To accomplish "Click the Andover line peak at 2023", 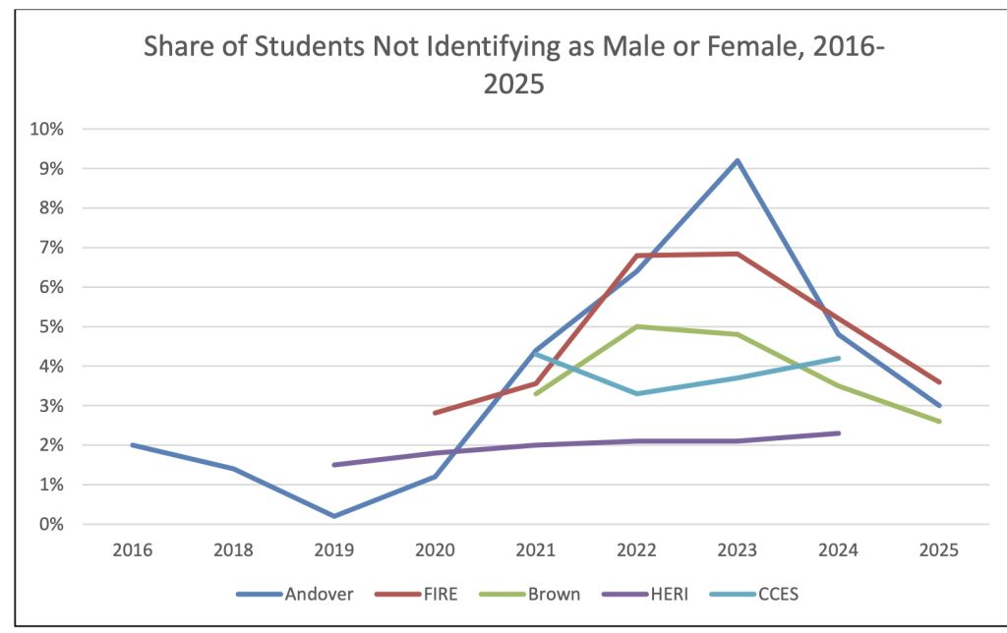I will click(737, 160).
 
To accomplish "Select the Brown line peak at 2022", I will click(636, 326).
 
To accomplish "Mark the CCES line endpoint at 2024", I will click(838, 358).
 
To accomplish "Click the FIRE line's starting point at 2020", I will click(435, 413).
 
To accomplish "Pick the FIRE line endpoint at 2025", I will click(939, 382).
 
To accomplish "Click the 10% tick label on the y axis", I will click(49, 129).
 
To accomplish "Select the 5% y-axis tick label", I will click(52, 326).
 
